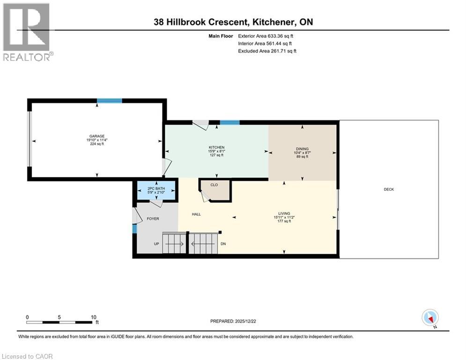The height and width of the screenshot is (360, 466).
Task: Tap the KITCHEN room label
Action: click(x=216, y=148)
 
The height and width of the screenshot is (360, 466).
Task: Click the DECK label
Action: click(x=389, y=190)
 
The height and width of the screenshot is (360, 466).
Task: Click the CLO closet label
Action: click(x=214, y=185)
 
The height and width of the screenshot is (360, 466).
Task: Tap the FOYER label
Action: click(x=154, y=218)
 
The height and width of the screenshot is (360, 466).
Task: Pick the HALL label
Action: click(x=196, y=214)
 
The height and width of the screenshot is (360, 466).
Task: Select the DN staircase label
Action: click(x=223, y=244)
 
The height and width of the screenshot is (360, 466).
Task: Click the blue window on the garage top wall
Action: click(x=110, y=100)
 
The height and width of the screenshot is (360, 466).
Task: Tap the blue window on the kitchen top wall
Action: click(x=230, y=123)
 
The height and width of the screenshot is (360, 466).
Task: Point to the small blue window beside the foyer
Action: click(x=134, y=229)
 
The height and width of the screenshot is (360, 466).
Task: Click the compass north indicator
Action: click(x=430, y=318)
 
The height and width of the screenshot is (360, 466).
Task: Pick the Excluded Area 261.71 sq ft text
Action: click(x=267, y=51)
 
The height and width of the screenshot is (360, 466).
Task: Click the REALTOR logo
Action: click(x=28, y=32)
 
